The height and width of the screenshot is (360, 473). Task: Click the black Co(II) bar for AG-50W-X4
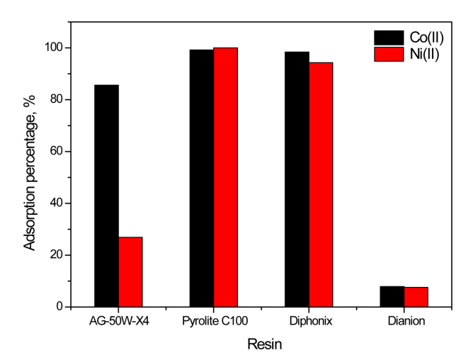coord(106,196)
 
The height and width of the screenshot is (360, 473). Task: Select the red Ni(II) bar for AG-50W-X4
coord(130,271)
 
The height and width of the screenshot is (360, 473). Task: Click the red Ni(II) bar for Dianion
coord(416,297)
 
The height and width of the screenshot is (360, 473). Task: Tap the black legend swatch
coord(387,38)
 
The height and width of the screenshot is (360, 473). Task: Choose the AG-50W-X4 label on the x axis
coord(118,321)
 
